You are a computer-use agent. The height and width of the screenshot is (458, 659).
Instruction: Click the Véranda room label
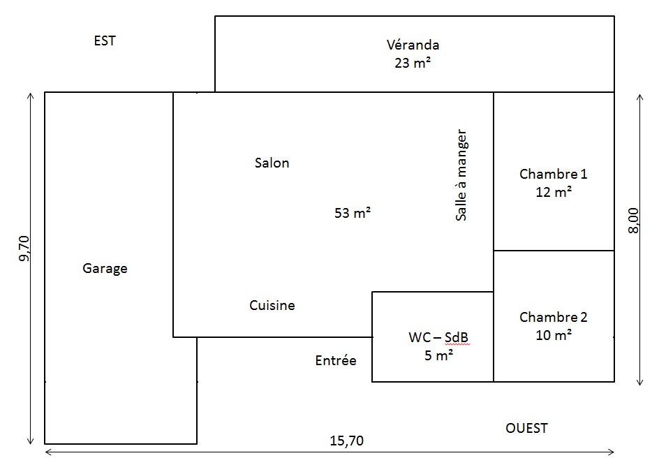tap(413, 45)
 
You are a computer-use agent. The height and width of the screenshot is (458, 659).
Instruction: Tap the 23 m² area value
tap(413, 63)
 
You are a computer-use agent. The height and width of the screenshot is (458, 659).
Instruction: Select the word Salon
tap(272, 163)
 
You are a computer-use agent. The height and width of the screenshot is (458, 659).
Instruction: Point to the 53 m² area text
tap(353, 213)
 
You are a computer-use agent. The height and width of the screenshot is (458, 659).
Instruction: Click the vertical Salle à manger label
tap(461, 175)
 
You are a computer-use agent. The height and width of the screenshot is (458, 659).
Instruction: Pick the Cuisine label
tap(272, 305)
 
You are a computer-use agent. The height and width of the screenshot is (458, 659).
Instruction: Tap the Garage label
tap(105, 269)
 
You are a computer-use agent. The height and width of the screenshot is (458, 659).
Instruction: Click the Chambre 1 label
tap(553, 174)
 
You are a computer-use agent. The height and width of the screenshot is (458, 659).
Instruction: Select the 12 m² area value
tap(554, 192)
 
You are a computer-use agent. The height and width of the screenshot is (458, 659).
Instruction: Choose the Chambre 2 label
tap(553, 317)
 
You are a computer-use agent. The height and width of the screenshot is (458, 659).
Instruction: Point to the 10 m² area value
tap(554, 335)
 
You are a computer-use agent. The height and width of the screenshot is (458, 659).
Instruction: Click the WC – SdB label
tap(438, 337)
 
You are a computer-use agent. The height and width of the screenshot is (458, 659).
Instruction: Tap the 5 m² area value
tap(438, 355)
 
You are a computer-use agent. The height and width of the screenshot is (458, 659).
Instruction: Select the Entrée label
tap(336, 360)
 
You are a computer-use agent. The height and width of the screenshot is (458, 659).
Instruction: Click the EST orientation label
tap(105, 40)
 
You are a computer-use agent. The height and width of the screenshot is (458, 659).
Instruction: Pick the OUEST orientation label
tap(526, 428)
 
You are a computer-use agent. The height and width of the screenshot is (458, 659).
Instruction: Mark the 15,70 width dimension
tap(347, 441)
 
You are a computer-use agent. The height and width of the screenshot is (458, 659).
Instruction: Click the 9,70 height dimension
tap(25, 249)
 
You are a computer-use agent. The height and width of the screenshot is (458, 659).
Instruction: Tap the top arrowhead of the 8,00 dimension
tap(640, 95)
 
